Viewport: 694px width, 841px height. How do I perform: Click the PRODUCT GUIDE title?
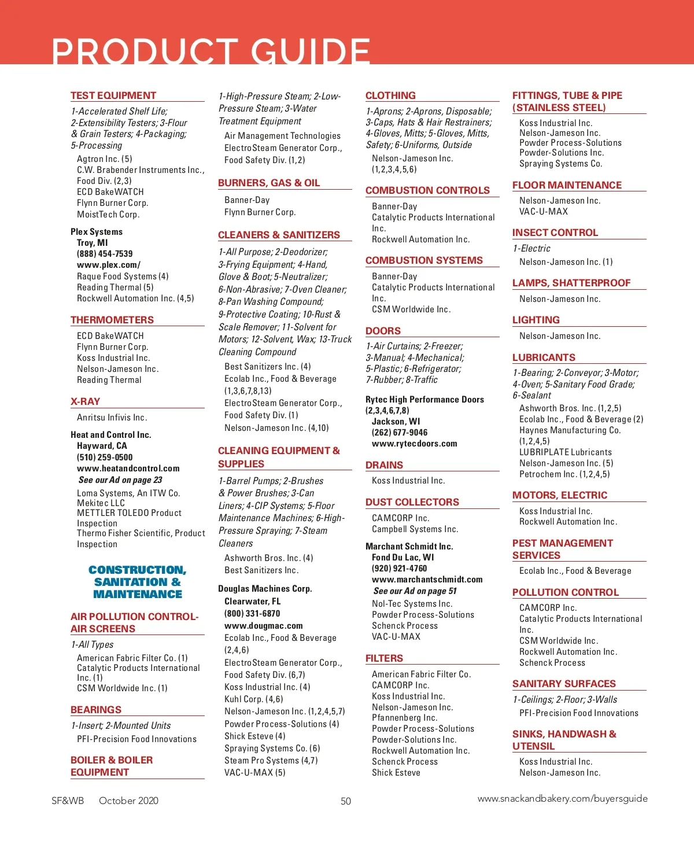pos(211,51)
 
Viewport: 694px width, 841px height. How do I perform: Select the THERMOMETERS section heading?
pos(112,320)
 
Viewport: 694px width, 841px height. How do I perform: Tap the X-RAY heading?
pos(85,401)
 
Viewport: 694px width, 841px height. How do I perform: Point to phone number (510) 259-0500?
pos(105,457)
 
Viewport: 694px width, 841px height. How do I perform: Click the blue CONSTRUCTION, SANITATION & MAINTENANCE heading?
pos(138,582)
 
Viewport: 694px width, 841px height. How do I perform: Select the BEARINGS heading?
pos(96,710)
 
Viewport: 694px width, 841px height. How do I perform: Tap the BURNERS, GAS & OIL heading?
pos(269,183)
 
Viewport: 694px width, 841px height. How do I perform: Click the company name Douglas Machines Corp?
pos(265,589)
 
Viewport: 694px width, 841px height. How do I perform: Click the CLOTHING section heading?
pos(390,95)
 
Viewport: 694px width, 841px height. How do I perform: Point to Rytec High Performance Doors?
pos(424,400)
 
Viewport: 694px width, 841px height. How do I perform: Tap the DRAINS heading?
pos(384,465)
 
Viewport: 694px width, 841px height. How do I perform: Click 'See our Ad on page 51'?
pos(415,591)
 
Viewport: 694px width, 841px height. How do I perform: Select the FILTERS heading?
pos(384,658)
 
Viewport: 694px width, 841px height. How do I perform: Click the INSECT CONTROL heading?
pos(555,233)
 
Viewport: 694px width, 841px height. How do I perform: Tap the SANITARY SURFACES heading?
pos(564,684)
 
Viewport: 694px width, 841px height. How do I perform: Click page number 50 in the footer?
pos(346,801)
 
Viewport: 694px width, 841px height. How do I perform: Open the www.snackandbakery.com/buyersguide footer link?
pos(562,799)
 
